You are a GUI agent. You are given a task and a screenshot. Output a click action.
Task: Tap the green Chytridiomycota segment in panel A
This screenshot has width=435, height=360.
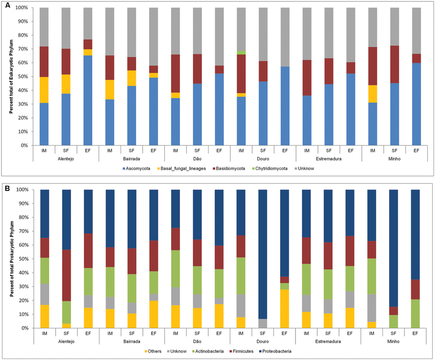coord(241,53)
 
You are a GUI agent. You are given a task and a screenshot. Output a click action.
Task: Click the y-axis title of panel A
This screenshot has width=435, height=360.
coord(10,76)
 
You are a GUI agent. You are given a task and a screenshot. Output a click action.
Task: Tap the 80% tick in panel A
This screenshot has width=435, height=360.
coord(23,36)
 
